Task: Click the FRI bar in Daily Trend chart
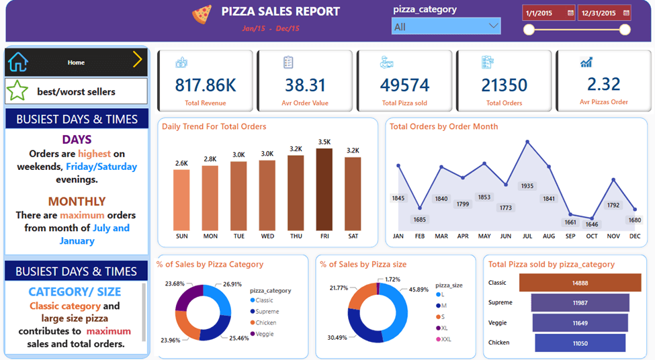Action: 324,189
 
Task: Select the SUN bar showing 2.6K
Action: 181,199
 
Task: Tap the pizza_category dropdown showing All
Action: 445,26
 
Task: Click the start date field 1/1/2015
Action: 548,13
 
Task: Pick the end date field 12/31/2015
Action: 604,13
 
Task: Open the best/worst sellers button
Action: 76,91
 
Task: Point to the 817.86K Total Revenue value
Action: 205,85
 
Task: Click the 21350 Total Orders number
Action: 504,85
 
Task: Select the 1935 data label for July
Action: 527,186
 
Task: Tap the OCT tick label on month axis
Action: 592,236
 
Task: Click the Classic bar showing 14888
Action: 580,283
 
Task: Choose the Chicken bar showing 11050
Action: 580,343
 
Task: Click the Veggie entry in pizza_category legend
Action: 265,334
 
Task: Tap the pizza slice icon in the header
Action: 202,13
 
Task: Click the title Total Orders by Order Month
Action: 443,126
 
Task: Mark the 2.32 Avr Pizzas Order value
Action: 603,84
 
